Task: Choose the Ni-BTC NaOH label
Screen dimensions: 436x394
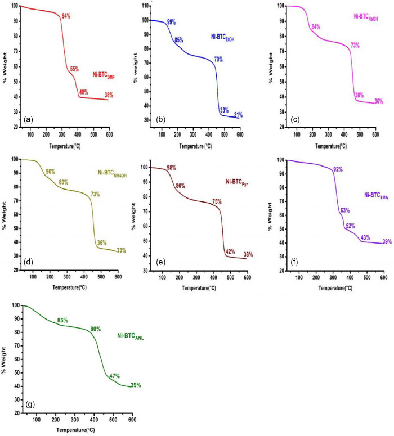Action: tap(365, 17)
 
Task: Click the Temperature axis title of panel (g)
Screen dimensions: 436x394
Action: tap(79, 429)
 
